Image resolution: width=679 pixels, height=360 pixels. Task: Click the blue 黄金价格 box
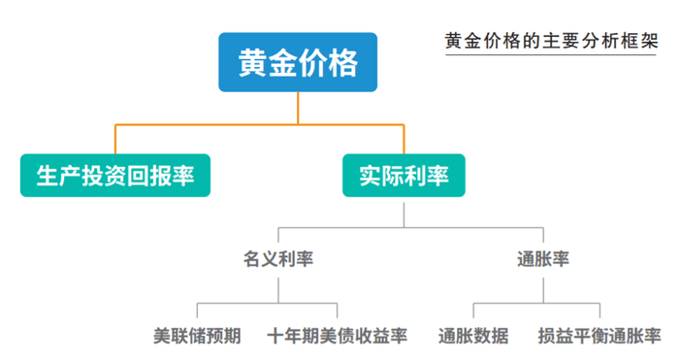298,64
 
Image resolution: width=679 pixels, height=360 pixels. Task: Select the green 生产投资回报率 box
115,177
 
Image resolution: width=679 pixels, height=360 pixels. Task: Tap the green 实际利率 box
404,177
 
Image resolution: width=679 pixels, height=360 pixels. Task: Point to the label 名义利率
278,259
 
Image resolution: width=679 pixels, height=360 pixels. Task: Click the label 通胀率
543,259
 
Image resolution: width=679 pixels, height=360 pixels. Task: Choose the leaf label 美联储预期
197,337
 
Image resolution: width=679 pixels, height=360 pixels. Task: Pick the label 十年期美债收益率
339,337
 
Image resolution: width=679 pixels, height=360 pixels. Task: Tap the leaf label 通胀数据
472,337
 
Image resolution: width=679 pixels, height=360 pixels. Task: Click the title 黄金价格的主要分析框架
551,42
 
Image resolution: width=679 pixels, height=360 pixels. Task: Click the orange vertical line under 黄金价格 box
298,108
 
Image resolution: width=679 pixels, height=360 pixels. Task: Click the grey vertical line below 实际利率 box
404,212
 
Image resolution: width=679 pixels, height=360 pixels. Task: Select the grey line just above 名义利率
278,238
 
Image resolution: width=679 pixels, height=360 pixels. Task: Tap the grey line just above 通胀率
543,238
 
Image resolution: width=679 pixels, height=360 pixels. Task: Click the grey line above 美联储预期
197,313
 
